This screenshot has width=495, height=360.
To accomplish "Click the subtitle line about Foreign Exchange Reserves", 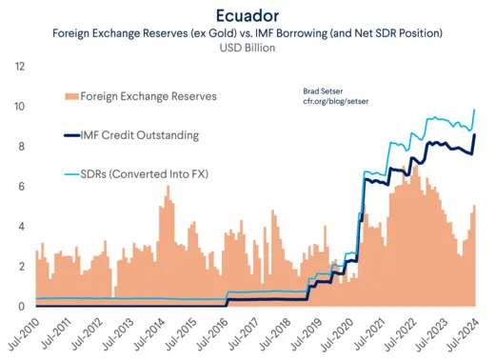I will coord(247,32).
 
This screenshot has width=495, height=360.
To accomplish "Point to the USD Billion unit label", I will coord(247,49).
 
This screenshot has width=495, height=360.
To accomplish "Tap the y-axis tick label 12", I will coord(20,67).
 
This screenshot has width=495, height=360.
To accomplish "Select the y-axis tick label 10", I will coord(20,107).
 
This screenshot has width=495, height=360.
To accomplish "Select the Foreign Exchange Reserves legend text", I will coord(148,96).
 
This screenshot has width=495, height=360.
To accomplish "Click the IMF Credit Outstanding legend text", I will coord(139,135).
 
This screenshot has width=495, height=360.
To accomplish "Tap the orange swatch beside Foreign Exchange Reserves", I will coord(69,96).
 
